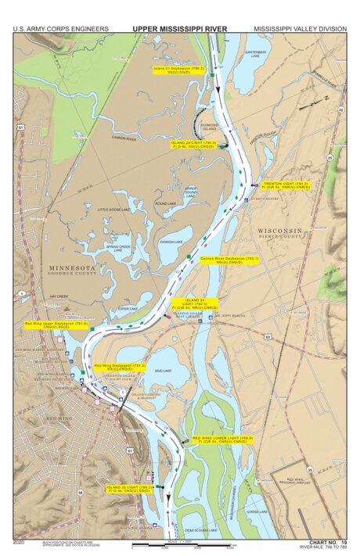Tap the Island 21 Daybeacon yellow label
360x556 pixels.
[178, 70]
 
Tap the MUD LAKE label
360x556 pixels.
[163, 371]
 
